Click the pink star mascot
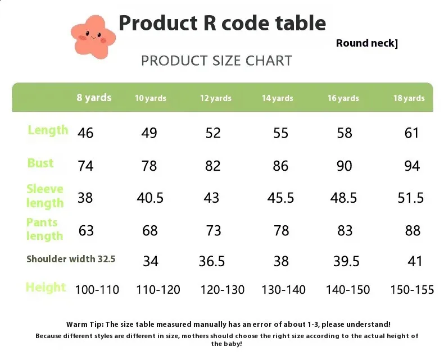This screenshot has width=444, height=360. tap(93, 37)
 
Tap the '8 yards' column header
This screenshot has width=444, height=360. tap(94, 98)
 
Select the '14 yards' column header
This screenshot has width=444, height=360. tap(278, 98)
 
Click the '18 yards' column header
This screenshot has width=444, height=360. tap(409, 98)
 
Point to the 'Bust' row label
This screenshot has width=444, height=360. tap(40, 163)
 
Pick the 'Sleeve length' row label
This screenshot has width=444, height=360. tap(45, 196)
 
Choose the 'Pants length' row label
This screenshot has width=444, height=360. tap(44, 229)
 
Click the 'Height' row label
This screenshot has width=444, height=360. tap(46, 287)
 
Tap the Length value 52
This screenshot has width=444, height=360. tap(213, 133)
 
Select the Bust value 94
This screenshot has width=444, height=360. tap(412, 166)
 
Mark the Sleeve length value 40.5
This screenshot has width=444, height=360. tap(150, 198)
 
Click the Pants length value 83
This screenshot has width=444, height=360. tap(345, 230)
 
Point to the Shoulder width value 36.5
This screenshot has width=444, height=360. tap(212, 261)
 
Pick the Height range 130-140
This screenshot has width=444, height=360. tap(283, 290)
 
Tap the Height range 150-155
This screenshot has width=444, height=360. tap(412, 290)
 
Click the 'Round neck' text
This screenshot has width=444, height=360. tap(366, 43)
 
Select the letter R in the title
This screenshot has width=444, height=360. tap(210, 22)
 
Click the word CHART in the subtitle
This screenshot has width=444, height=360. tap(269, 61)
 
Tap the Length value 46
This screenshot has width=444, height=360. tap(85, 133)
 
